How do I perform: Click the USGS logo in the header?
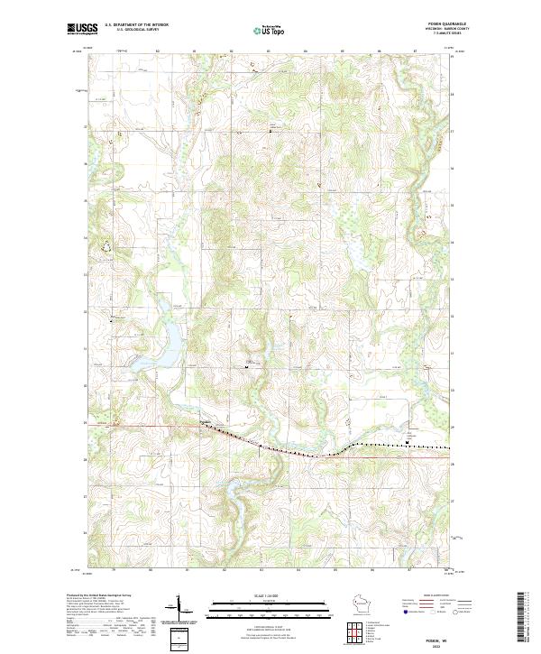click(82, 29)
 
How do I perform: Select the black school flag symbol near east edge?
click(408, 441)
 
